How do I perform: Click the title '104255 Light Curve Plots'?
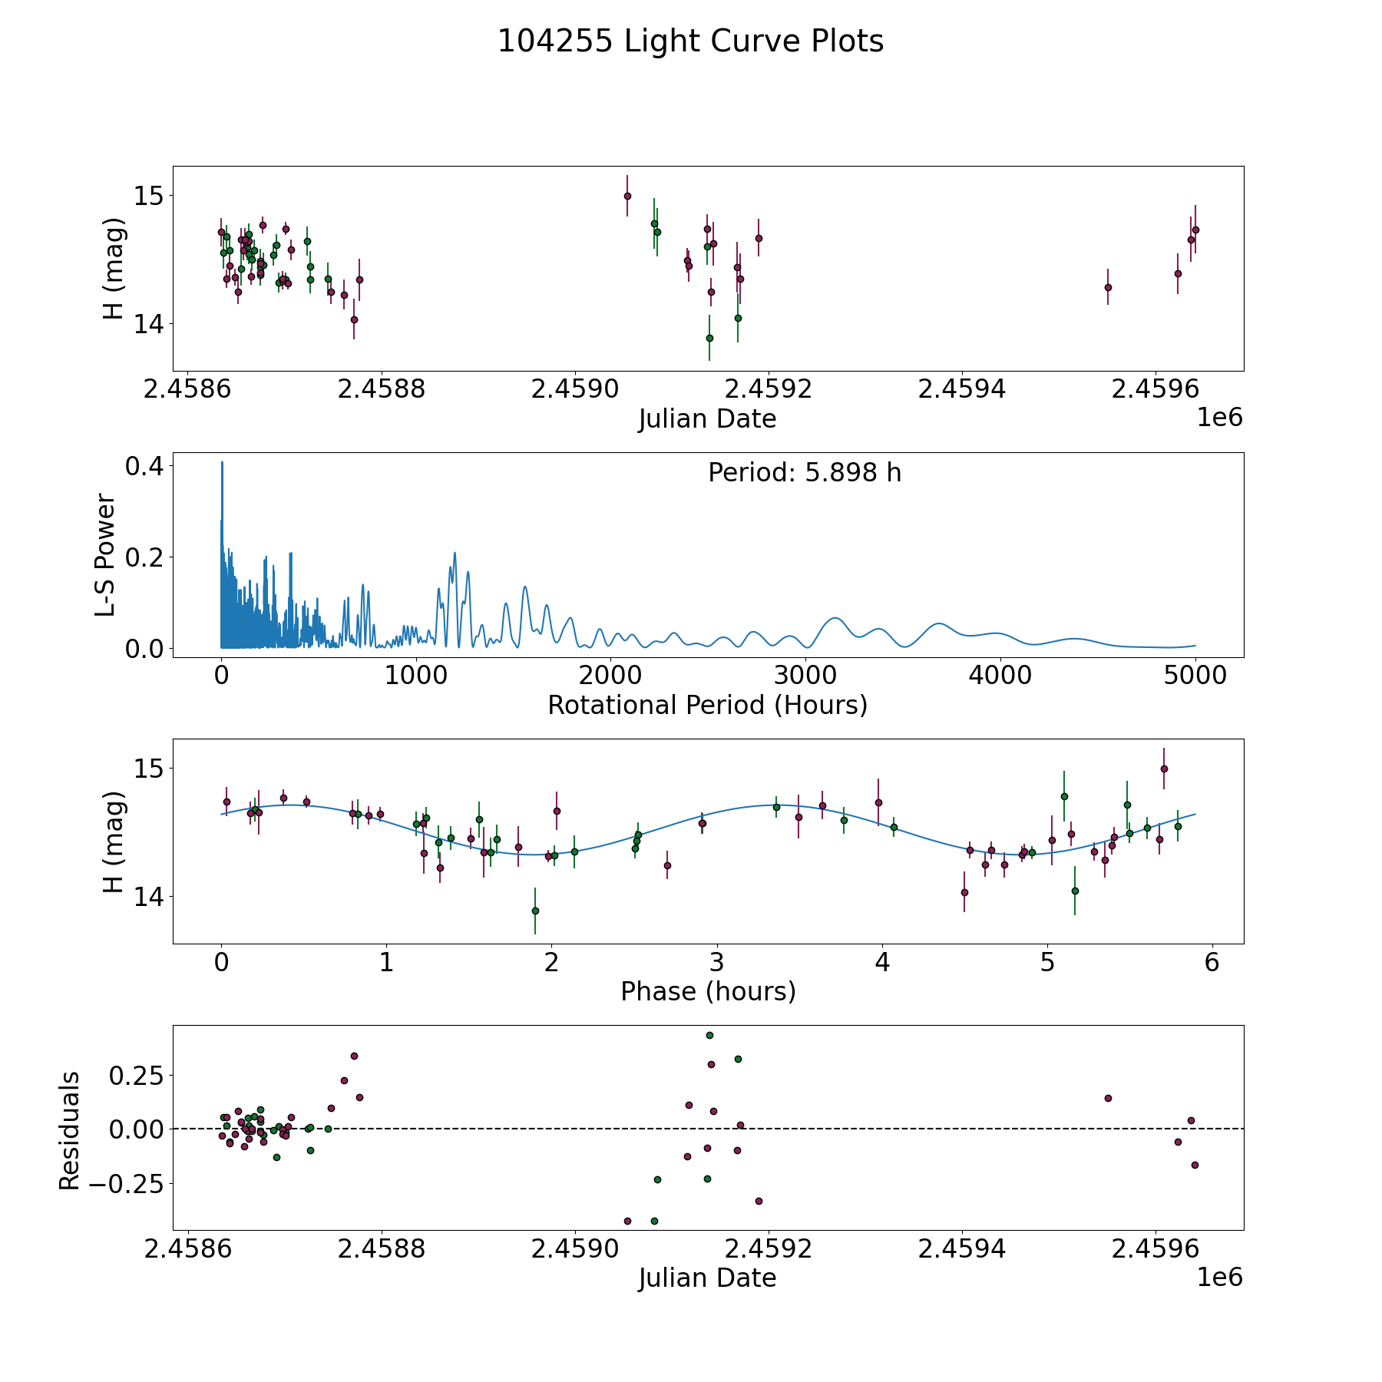[x=690, y=41]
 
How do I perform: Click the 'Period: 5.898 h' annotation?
[x=805, y=473]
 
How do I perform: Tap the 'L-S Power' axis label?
[x=106, y=555]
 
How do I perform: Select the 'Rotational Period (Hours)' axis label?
[x=707, y=705]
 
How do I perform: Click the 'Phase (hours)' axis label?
[x=708, y=991]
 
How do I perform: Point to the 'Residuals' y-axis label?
[x=70, y=1130]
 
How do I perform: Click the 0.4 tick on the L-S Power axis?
[x=145, y=466]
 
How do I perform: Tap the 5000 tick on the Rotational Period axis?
[x=1195, y=676]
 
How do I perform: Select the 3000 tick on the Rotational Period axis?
[x=805, y=676]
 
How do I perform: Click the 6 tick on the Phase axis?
[x=1212, y=962]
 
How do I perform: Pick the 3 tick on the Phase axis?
[x=716, y=962]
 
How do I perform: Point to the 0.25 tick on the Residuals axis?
[x=137, y=1076]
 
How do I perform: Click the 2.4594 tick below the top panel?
[x=962, y=389]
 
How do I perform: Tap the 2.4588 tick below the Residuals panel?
[x=382, y=1249]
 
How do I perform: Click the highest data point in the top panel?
[x=627, y=196]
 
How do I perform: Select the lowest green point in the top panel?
[x=709, y=338]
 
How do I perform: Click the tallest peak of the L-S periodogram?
[x=222, y=462]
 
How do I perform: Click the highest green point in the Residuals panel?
[x=709, y=1035]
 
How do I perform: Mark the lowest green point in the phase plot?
[x=535, y=911]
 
